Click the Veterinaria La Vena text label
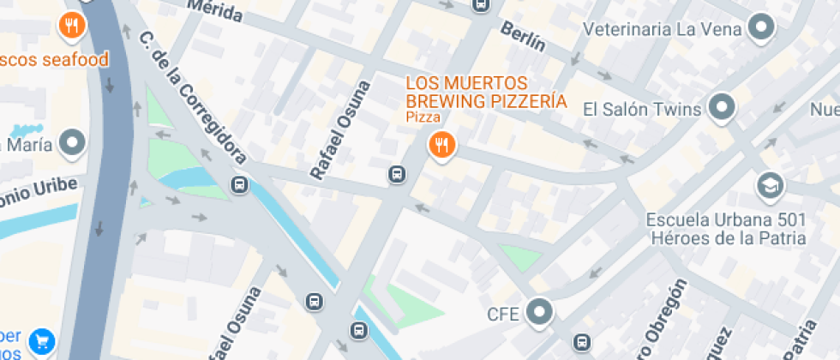pyautogui.click(x=661, y=29)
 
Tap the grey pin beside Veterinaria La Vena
pyautogui.click(x=760, y=29)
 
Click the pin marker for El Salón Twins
pyautogui.click(x=723, y=108)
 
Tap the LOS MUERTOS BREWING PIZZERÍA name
pyautogui.click(x=486, y=92)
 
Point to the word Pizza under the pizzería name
pyautogui.click(x=423, y=117)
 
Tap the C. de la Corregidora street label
pyautogui.click(x=193, y=99)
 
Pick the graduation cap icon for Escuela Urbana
pyautogui.click(x=769, y=185)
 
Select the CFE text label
pyautogui.click(x=503, y=314)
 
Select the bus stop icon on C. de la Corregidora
pyautogui.click(x=240, y=184)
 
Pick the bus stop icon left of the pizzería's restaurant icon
pyautogui.click(x=397, y=175)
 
